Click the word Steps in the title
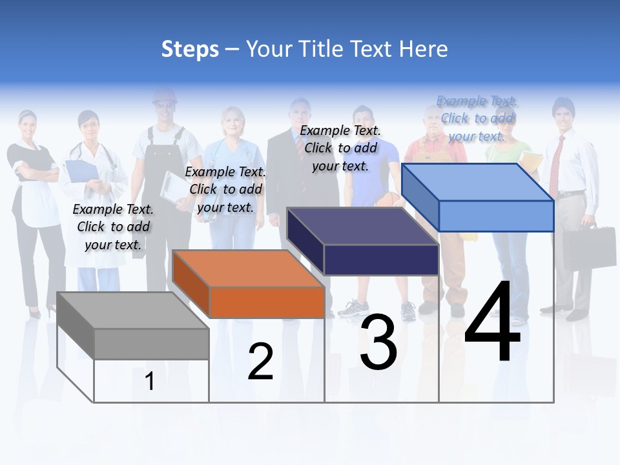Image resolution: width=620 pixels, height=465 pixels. pos(190,49)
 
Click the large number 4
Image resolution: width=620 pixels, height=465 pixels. pos(493,323)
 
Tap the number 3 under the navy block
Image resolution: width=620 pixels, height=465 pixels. pos(378,342)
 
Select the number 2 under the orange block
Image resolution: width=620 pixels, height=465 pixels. pos(260,362)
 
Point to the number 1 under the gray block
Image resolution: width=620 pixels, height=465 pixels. pos(149,381)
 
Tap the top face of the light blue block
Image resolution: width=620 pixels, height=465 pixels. pos(478,181)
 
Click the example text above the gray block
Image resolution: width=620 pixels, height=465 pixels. pos(113,227)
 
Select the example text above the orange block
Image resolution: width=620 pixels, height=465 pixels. pos(225,189)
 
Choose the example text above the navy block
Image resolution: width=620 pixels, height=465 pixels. pos(340,148)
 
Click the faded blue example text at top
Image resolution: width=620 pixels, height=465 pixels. pos(477,118)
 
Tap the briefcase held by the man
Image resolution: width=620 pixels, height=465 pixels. pos(589,245)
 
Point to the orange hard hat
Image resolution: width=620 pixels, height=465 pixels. pos(165,96)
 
